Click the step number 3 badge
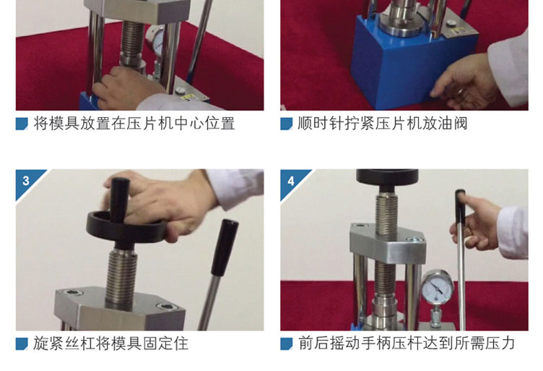tap(27, 180)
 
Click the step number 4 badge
tap(292, 180)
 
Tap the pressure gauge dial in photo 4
tap(438, 287)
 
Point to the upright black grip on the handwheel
tap(119, 199)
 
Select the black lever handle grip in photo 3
tap(225, 247)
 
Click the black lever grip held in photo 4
tap(460, 206)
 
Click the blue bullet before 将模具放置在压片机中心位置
tap(22, 124)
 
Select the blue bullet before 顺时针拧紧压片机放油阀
tap(286, 124)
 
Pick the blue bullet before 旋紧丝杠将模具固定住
tap(22, 344)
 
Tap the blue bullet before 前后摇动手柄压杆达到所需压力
tap(286, 344)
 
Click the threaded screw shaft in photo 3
tap(121, 278)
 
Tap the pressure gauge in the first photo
tap(155, 39)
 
